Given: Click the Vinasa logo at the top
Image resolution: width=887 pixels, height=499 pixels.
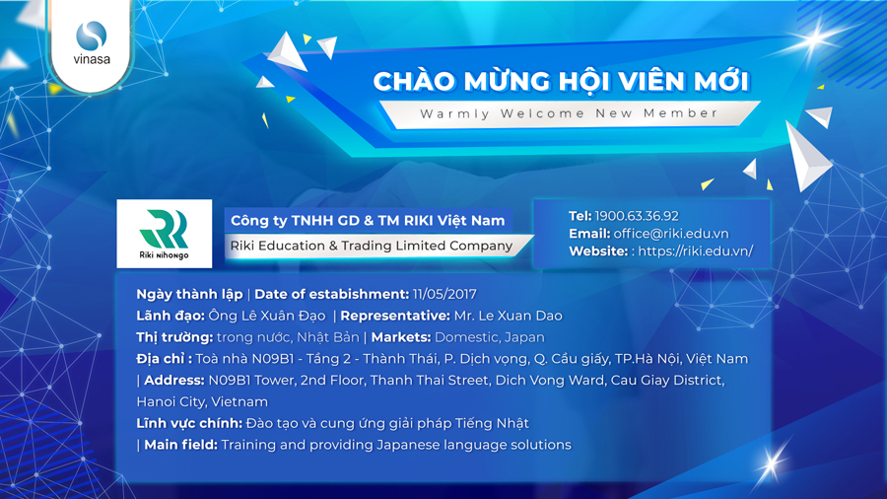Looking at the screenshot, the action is tap(92, 43).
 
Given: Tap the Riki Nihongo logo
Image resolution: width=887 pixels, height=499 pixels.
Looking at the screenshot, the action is tap(164, 234).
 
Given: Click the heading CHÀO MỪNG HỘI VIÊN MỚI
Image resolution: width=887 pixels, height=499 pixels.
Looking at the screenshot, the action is tap(561, 80).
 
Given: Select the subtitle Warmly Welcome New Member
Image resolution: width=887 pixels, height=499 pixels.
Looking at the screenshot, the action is tap(569, 113).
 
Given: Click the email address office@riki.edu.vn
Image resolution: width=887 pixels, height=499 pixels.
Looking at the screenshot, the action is tap(671, 233).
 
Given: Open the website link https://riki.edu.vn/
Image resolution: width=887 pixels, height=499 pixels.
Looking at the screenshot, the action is tap(695, 250).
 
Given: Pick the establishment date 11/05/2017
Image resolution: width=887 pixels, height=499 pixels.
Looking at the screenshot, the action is tap(444, 294).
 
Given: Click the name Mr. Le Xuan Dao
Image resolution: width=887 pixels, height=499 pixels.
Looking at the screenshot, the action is tap(508, 316).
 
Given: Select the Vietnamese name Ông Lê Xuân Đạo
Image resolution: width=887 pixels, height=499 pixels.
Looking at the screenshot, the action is tap(267, 316).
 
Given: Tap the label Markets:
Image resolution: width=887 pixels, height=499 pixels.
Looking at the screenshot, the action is tap(401, 337).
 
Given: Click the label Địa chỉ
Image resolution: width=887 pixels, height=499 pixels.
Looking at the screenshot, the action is tap(164, 359).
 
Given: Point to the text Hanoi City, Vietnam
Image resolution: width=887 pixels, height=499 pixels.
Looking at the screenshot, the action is tap(202, 402).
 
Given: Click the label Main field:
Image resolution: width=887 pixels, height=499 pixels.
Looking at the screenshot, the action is tap(180, 445).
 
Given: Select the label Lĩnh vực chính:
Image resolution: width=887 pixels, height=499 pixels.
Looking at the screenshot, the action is tap(189, 423).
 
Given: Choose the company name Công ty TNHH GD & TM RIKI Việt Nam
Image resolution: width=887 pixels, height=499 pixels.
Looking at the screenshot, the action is tap(368, 221).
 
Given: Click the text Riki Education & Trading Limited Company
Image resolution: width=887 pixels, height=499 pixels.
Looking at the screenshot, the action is tap(372, 246).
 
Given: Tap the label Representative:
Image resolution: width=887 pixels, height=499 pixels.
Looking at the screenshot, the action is tap(395, 316).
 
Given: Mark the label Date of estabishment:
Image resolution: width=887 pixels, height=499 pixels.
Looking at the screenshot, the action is tap(331, 294).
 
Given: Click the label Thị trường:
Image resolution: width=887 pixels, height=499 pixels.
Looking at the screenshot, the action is tap(174, 337).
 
